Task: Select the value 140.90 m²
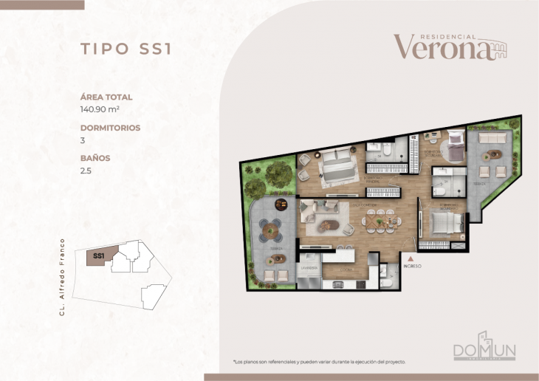[102, 109]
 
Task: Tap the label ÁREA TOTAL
[106, 97]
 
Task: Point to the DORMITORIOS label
[110, 128]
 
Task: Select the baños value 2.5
[86, 170]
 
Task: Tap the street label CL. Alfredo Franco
[64, 277]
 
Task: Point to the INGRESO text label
[411, 266]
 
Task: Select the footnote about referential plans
[319, 362]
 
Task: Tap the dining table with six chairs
[381, 219]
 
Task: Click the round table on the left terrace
[276, 229]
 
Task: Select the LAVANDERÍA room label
[308, 267]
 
